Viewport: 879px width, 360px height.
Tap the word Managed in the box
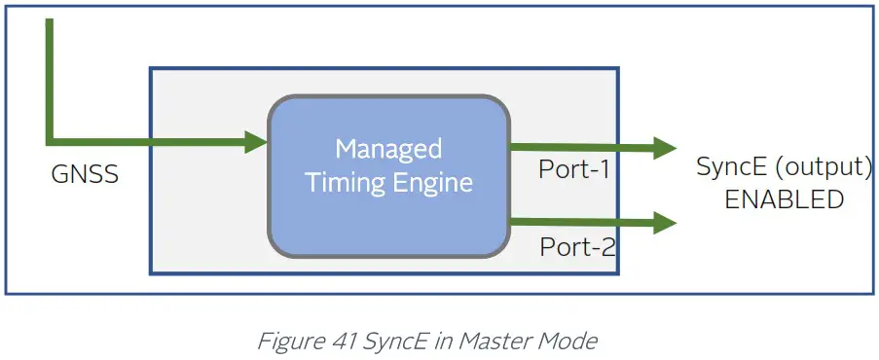click(388, 149)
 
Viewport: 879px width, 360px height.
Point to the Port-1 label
click(574, 169)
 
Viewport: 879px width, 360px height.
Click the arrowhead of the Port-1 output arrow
click(666, 148)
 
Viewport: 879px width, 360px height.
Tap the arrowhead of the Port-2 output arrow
click(666, 223)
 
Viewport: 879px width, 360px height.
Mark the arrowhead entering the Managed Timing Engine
click(257, 143)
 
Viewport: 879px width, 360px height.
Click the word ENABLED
click(783, 199)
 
